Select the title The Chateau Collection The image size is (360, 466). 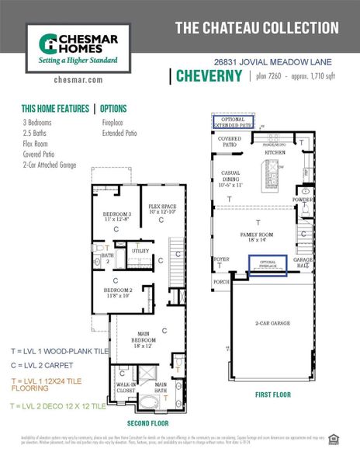tap(257, 28)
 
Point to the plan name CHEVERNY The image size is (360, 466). tap(209, 75)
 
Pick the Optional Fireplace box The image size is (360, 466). tap(268, 265)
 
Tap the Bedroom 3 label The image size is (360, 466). tap(118, 217)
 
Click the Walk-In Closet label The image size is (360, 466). tap(123, 387)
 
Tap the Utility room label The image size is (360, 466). tap(140, 251)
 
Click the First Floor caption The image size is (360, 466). tap(273, 395)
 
